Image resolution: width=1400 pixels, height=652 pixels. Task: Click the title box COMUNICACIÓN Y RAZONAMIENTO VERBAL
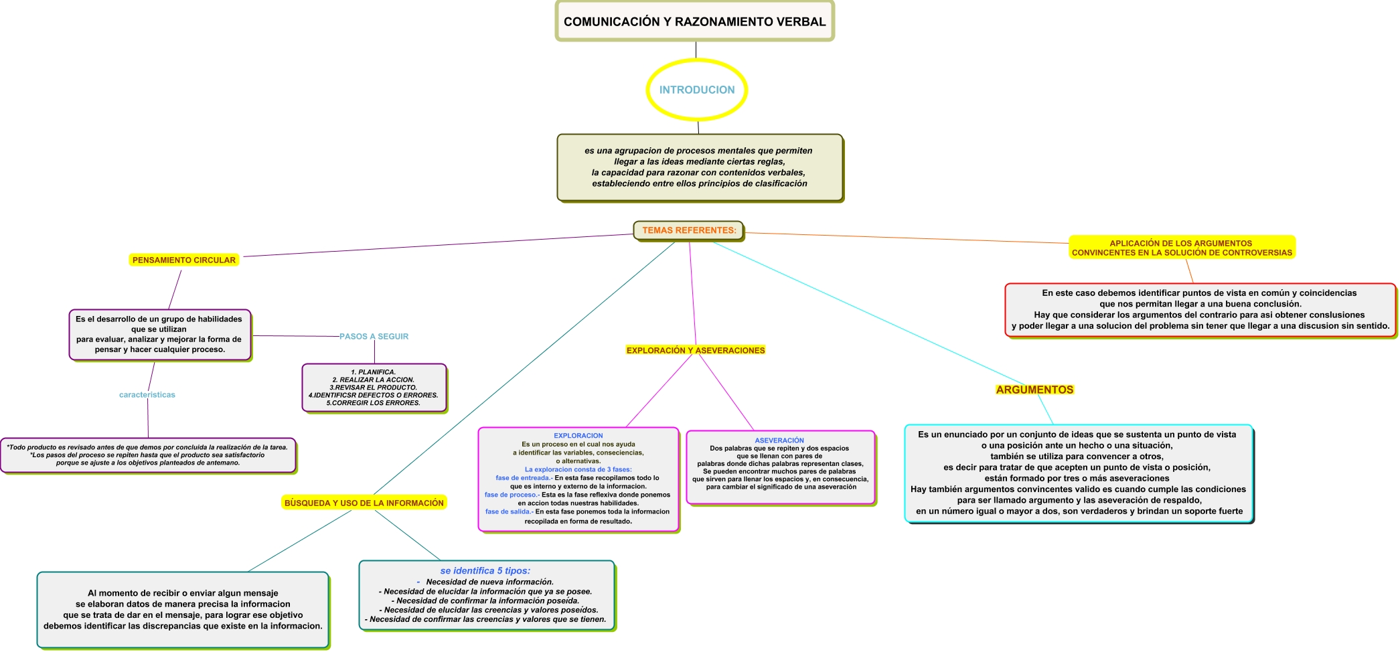point(694,21)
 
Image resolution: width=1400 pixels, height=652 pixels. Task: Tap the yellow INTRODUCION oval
point(696,90)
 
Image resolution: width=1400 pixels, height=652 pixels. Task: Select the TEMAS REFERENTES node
point(689,230)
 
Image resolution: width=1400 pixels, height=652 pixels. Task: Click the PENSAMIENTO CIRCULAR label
point(183,260)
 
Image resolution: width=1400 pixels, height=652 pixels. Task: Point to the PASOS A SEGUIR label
point(374,337)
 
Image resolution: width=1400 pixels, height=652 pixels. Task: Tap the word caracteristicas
point(147,395)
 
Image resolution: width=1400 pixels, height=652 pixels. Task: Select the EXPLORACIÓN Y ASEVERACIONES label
point(695,350)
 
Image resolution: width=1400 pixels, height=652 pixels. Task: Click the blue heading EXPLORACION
point(578,436)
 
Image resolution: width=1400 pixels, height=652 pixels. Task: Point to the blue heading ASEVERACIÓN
point(779,440)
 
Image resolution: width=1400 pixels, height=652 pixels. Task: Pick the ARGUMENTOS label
point(1034,390)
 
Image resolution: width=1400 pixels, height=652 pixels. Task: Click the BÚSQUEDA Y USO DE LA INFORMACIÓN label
point(364,503)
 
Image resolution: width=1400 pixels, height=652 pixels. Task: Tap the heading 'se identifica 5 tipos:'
point(485,571)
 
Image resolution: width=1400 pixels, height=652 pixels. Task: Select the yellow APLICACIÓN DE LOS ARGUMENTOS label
point(1182,248)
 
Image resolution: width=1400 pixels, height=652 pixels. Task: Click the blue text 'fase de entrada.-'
point(524,478)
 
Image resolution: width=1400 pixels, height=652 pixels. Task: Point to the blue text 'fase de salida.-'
point(509,511)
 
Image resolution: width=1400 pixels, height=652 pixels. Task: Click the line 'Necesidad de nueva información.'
point(489,582)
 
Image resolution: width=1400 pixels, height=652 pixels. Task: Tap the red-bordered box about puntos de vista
point(1200,309)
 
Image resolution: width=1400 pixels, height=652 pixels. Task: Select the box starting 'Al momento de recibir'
point(183,609)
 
